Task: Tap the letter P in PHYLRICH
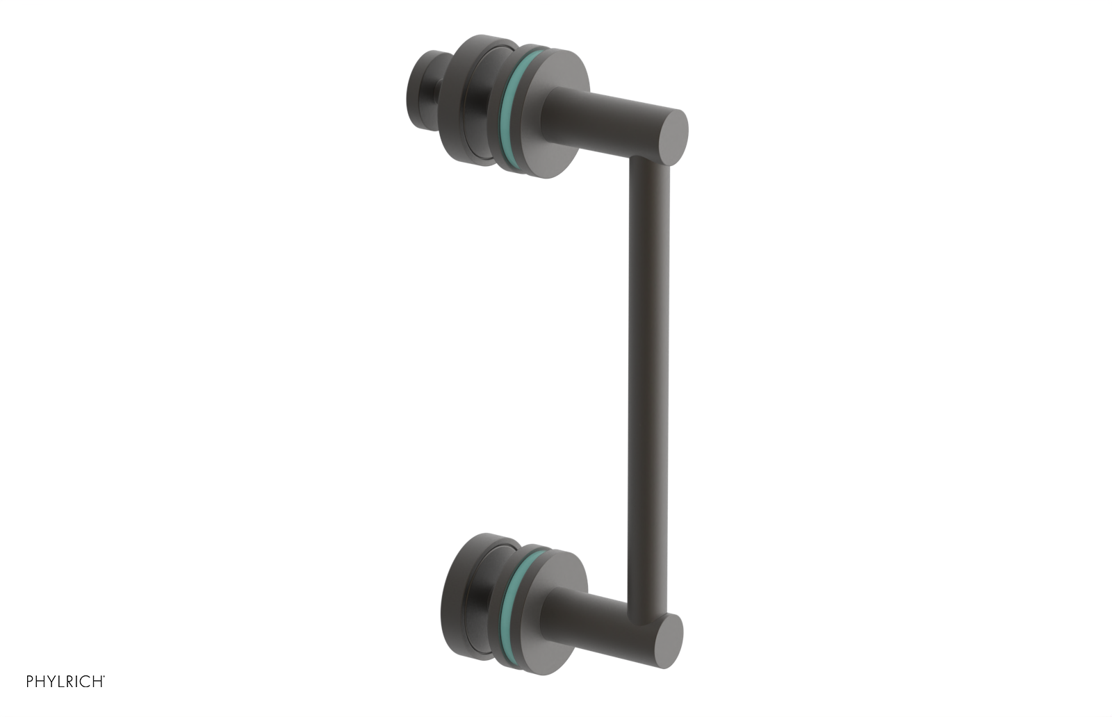click(30, 682)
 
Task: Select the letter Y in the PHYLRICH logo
click(51, 682)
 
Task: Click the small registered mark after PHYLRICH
click(104, 677)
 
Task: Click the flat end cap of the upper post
click(672, 138)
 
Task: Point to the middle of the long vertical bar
click(648, 389)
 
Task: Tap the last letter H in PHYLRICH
click(98, 682)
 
